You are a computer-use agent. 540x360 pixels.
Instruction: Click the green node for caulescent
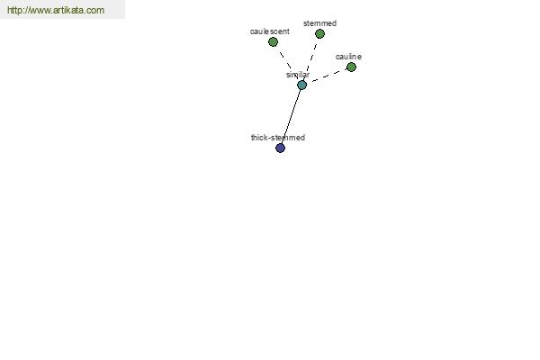[274, 41]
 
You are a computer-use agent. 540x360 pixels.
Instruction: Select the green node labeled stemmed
[319, 34]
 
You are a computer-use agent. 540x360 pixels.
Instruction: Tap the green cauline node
[351, 67]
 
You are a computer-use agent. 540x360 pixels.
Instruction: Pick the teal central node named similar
[301, 85]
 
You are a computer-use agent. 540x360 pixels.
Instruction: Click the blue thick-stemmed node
[280, 148]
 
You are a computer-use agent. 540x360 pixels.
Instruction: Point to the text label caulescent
[269, 31]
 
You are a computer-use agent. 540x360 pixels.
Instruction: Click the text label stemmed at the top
[319, 23]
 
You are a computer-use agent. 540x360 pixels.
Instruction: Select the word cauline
[348, 57]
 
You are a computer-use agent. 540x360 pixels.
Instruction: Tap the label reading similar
[298, 75]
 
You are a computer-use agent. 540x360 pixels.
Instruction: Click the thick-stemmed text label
[278, 138]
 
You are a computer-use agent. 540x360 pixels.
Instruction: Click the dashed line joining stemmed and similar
[310, 59]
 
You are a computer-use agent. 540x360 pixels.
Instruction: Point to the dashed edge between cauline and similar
[327, 76]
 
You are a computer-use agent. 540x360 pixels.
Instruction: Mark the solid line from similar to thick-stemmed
[291, 116]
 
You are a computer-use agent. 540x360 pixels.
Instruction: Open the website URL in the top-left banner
[56, 11]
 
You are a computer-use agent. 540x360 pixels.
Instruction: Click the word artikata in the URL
[69, 11]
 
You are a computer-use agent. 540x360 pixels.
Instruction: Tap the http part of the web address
[15, 11]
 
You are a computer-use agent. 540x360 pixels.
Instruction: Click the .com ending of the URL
[94, 11]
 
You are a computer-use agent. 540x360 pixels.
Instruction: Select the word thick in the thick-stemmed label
[261, 138]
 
